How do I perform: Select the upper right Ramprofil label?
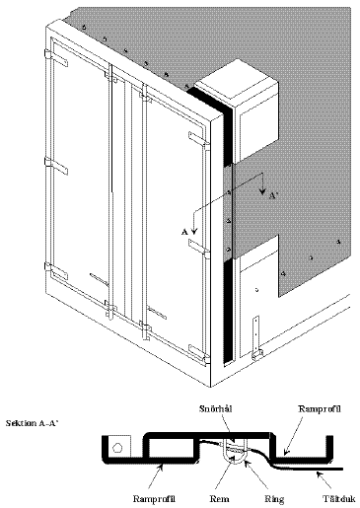point(319,409)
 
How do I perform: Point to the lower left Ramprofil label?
point(154,499)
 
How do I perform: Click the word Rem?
point(220,499)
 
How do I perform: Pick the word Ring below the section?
point(274,499)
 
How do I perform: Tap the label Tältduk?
point(338,499)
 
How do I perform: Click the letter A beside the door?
point(184,232)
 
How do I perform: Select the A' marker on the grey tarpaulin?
point(273,196)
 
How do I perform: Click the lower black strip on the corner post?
point(228,312)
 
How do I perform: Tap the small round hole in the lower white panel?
point(257,290)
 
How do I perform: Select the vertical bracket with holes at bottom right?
point(256,337)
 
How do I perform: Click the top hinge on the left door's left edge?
point(56,58)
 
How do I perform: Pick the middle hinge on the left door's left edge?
point(55,166)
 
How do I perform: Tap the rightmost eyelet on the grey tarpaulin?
point(339,243)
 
